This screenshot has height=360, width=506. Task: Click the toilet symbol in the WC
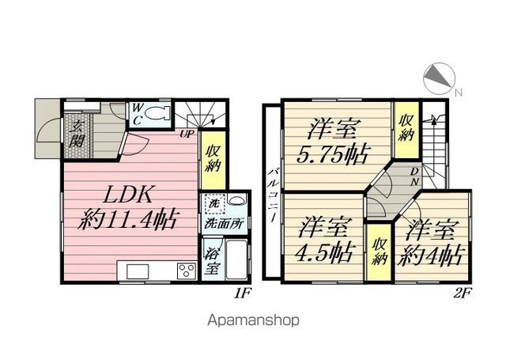pos(157,113)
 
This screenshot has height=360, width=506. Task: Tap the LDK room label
pos(128,194)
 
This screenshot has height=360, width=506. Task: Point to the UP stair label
pos(187,134)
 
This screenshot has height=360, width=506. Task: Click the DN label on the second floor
pos(414,177)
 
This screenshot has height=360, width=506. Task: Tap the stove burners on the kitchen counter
pos(187,271)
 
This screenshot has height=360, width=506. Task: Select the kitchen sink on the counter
pos(138,271)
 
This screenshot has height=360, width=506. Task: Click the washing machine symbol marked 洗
pos(214,203)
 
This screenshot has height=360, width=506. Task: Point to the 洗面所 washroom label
pos(224,224)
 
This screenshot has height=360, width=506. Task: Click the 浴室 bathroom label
pos(212,260)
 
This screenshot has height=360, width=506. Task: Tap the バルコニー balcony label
pos(273,193)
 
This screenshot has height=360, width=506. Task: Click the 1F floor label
pos(242,294)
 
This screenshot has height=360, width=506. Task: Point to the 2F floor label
pos(463,294)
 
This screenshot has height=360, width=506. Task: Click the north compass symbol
pos(439,79)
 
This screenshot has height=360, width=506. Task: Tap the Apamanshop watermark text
pos(254,320)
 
